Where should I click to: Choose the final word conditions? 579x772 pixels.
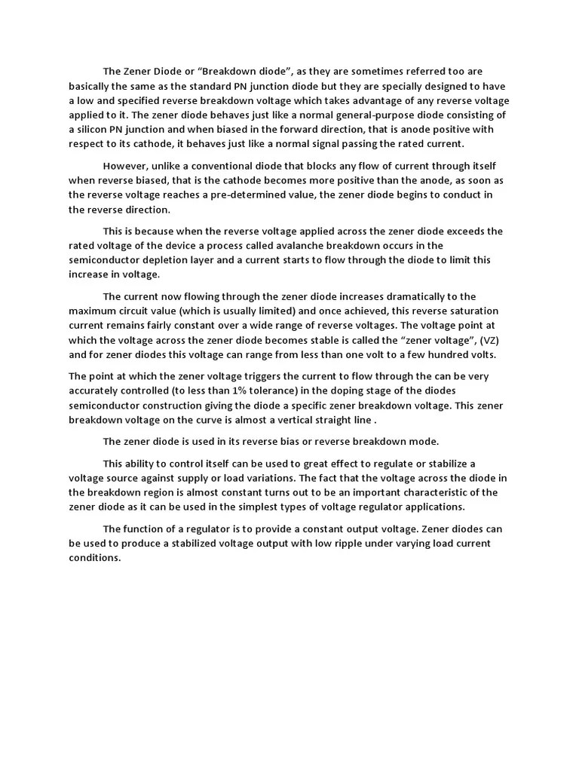(x=94, y=558)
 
